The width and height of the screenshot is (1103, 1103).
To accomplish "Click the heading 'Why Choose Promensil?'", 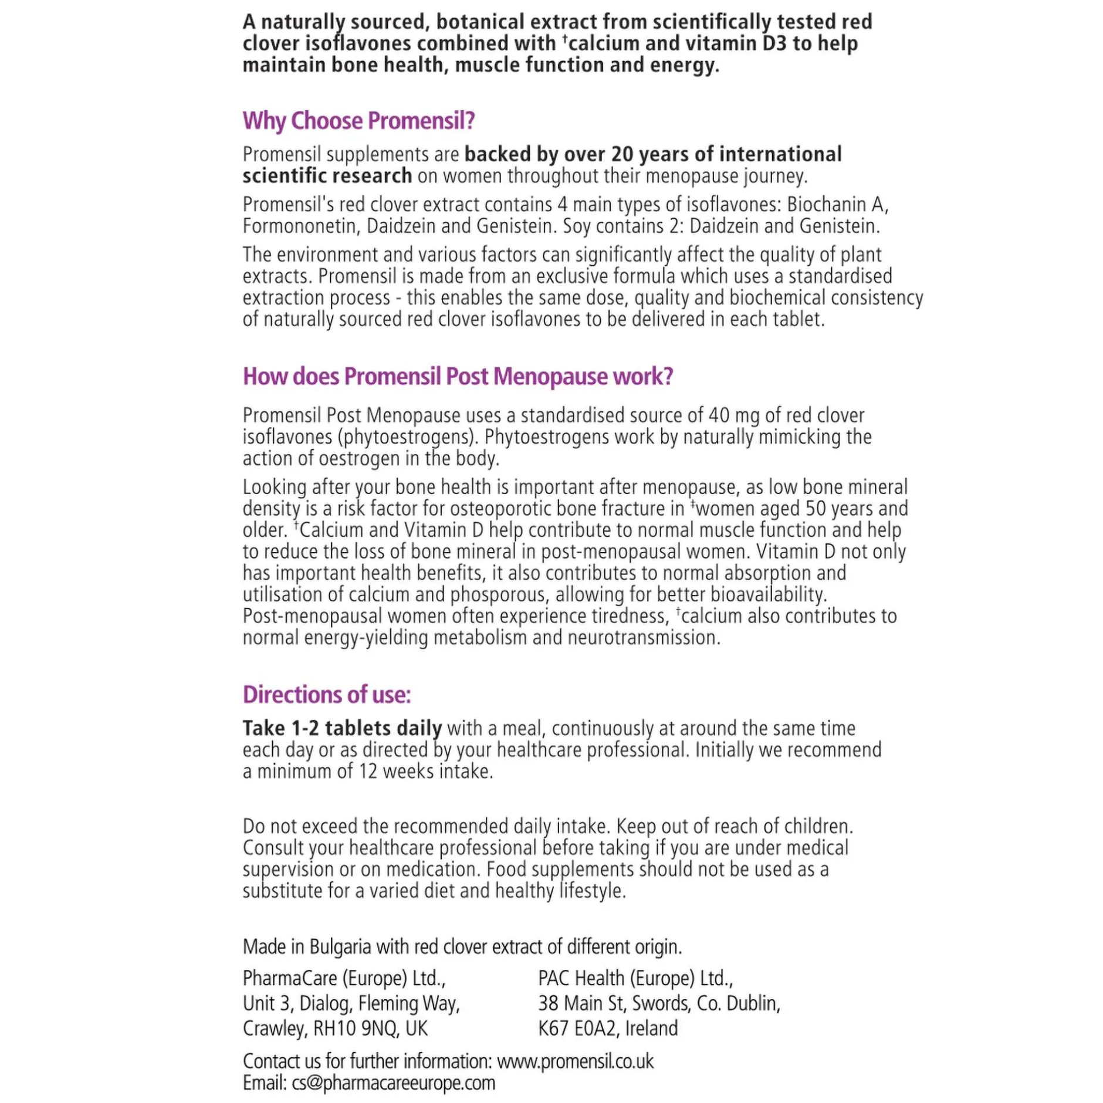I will [358, 121].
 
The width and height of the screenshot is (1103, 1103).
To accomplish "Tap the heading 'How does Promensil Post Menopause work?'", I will [457, 376].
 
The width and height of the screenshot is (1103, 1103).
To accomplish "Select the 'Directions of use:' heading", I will [326, 695].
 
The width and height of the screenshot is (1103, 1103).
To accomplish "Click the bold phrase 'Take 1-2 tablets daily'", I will [342, 728].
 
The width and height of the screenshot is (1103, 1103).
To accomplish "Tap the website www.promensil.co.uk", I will [574, 1061].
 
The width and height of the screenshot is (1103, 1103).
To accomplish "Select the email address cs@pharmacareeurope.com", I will [393, 1083].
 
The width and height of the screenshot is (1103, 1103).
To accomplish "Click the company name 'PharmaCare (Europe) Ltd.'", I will [344, 979].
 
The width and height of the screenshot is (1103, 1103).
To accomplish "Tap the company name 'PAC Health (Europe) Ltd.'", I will [635, 979].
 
